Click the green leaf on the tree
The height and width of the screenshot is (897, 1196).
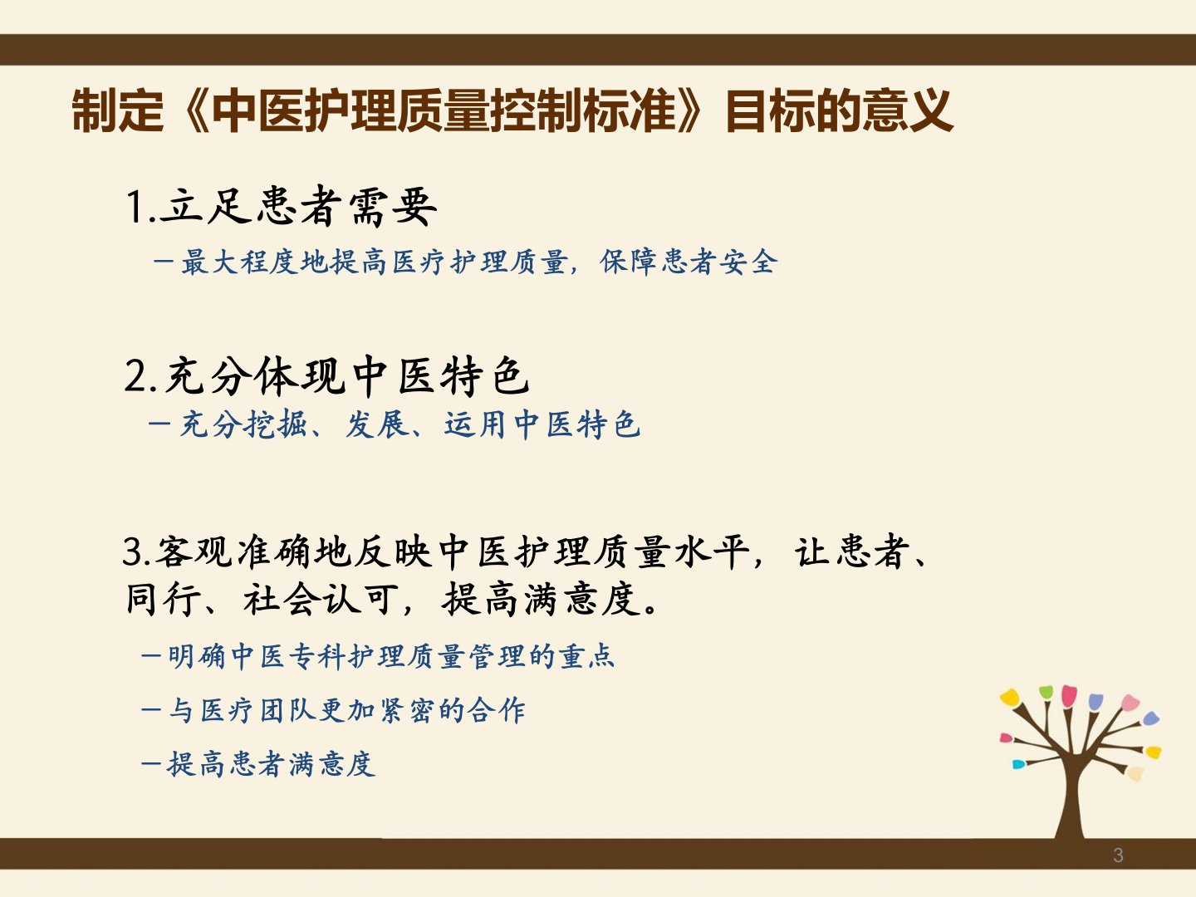pyautogui.click(x=1046, y=692)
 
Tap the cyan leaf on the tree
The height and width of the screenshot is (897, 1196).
pyautogui.click(x=1018, y=765)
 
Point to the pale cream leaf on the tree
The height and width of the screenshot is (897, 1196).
pyautogui.click(x=1135, y=773)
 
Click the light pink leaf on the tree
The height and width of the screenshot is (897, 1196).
pyautogui.click(x=1130, y=702)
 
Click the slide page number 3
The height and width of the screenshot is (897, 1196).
pyautogui.click(x=1118, y=855)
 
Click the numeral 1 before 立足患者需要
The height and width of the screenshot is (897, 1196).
pyautogui.click(x=134, y=207)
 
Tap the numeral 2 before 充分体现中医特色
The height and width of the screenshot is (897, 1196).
pyautogui.click(x=135, y=375)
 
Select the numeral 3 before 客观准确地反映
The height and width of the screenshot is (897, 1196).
pyautogui.click(x=133, y=551)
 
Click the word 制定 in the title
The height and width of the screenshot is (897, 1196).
pyautogui.click(x=118, y=110)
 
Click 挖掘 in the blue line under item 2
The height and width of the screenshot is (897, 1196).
pyautogui.click(x=275, y=424)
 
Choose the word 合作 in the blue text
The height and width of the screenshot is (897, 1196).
pyautogui.click(x=496, y=710)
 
